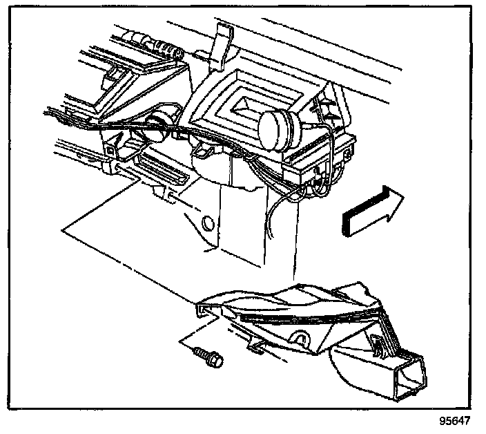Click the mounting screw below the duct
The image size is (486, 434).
point(208,357)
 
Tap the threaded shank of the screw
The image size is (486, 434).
point(201,352)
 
